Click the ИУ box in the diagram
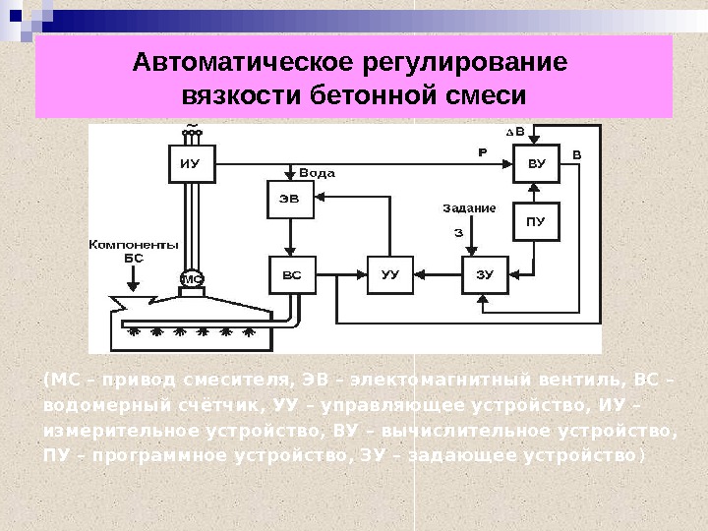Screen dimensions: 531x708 (x=189, y=164)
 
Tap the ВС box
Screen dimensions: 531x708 (x=292, y=274)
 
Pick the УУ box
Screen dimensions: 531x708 (x=389, y=274)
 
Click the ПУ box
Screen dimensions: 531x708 (x=536, y=222)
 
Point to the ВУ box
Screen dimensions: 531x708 (x=536, y=164)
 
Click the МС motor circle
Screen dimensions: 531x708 (x=192, y=279)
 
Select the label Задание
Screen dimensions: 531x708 (x=469, y=208)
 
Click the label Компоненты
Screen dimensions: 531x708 (x=134, y=244)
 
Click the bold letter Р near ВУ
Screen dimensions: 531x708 (x=482, y=153)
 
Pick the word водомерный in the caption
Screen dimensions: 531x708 (x=94, y=405)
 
